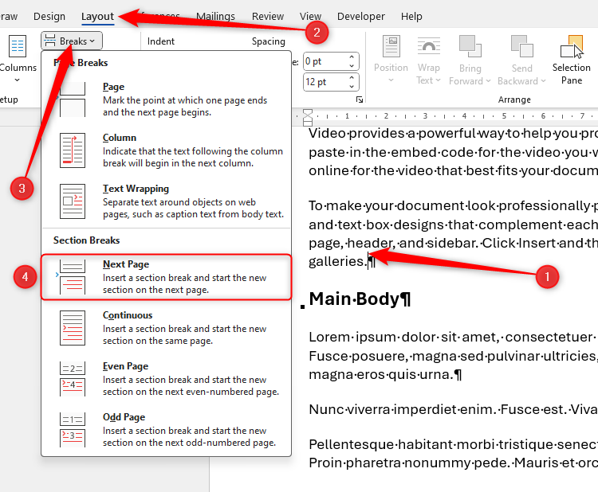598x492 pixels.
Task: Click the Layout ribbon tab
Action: (97, 16)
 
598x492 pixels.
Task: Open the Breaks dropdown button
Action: (72, 41)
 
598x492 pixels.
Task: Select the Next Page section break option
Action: (166, 277)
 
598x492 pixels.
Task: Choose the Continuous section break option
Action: (166, 328)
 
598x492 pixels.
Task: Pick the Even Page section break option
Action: (166, 379)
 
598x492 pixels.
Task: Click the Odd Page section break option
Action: (166, 430)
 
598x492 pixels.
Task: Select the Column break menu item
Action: (166, 150)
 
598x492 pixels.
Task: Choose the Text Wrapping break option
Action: (166, 201)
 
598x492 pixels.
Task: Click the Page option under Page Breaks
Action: (166, 99)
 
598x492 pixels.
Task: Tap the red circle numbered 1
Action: (546, 276)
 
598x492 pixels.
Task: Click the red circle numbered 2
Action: (317, 32)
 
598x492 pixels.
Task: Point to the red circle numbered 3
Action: (22, 188)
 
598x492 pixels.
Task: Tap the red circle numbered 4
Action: (26, 276)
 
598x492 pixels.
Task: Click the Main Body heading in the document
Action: (360, 299)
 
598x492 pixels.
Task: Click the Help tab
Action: (411, 16)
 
